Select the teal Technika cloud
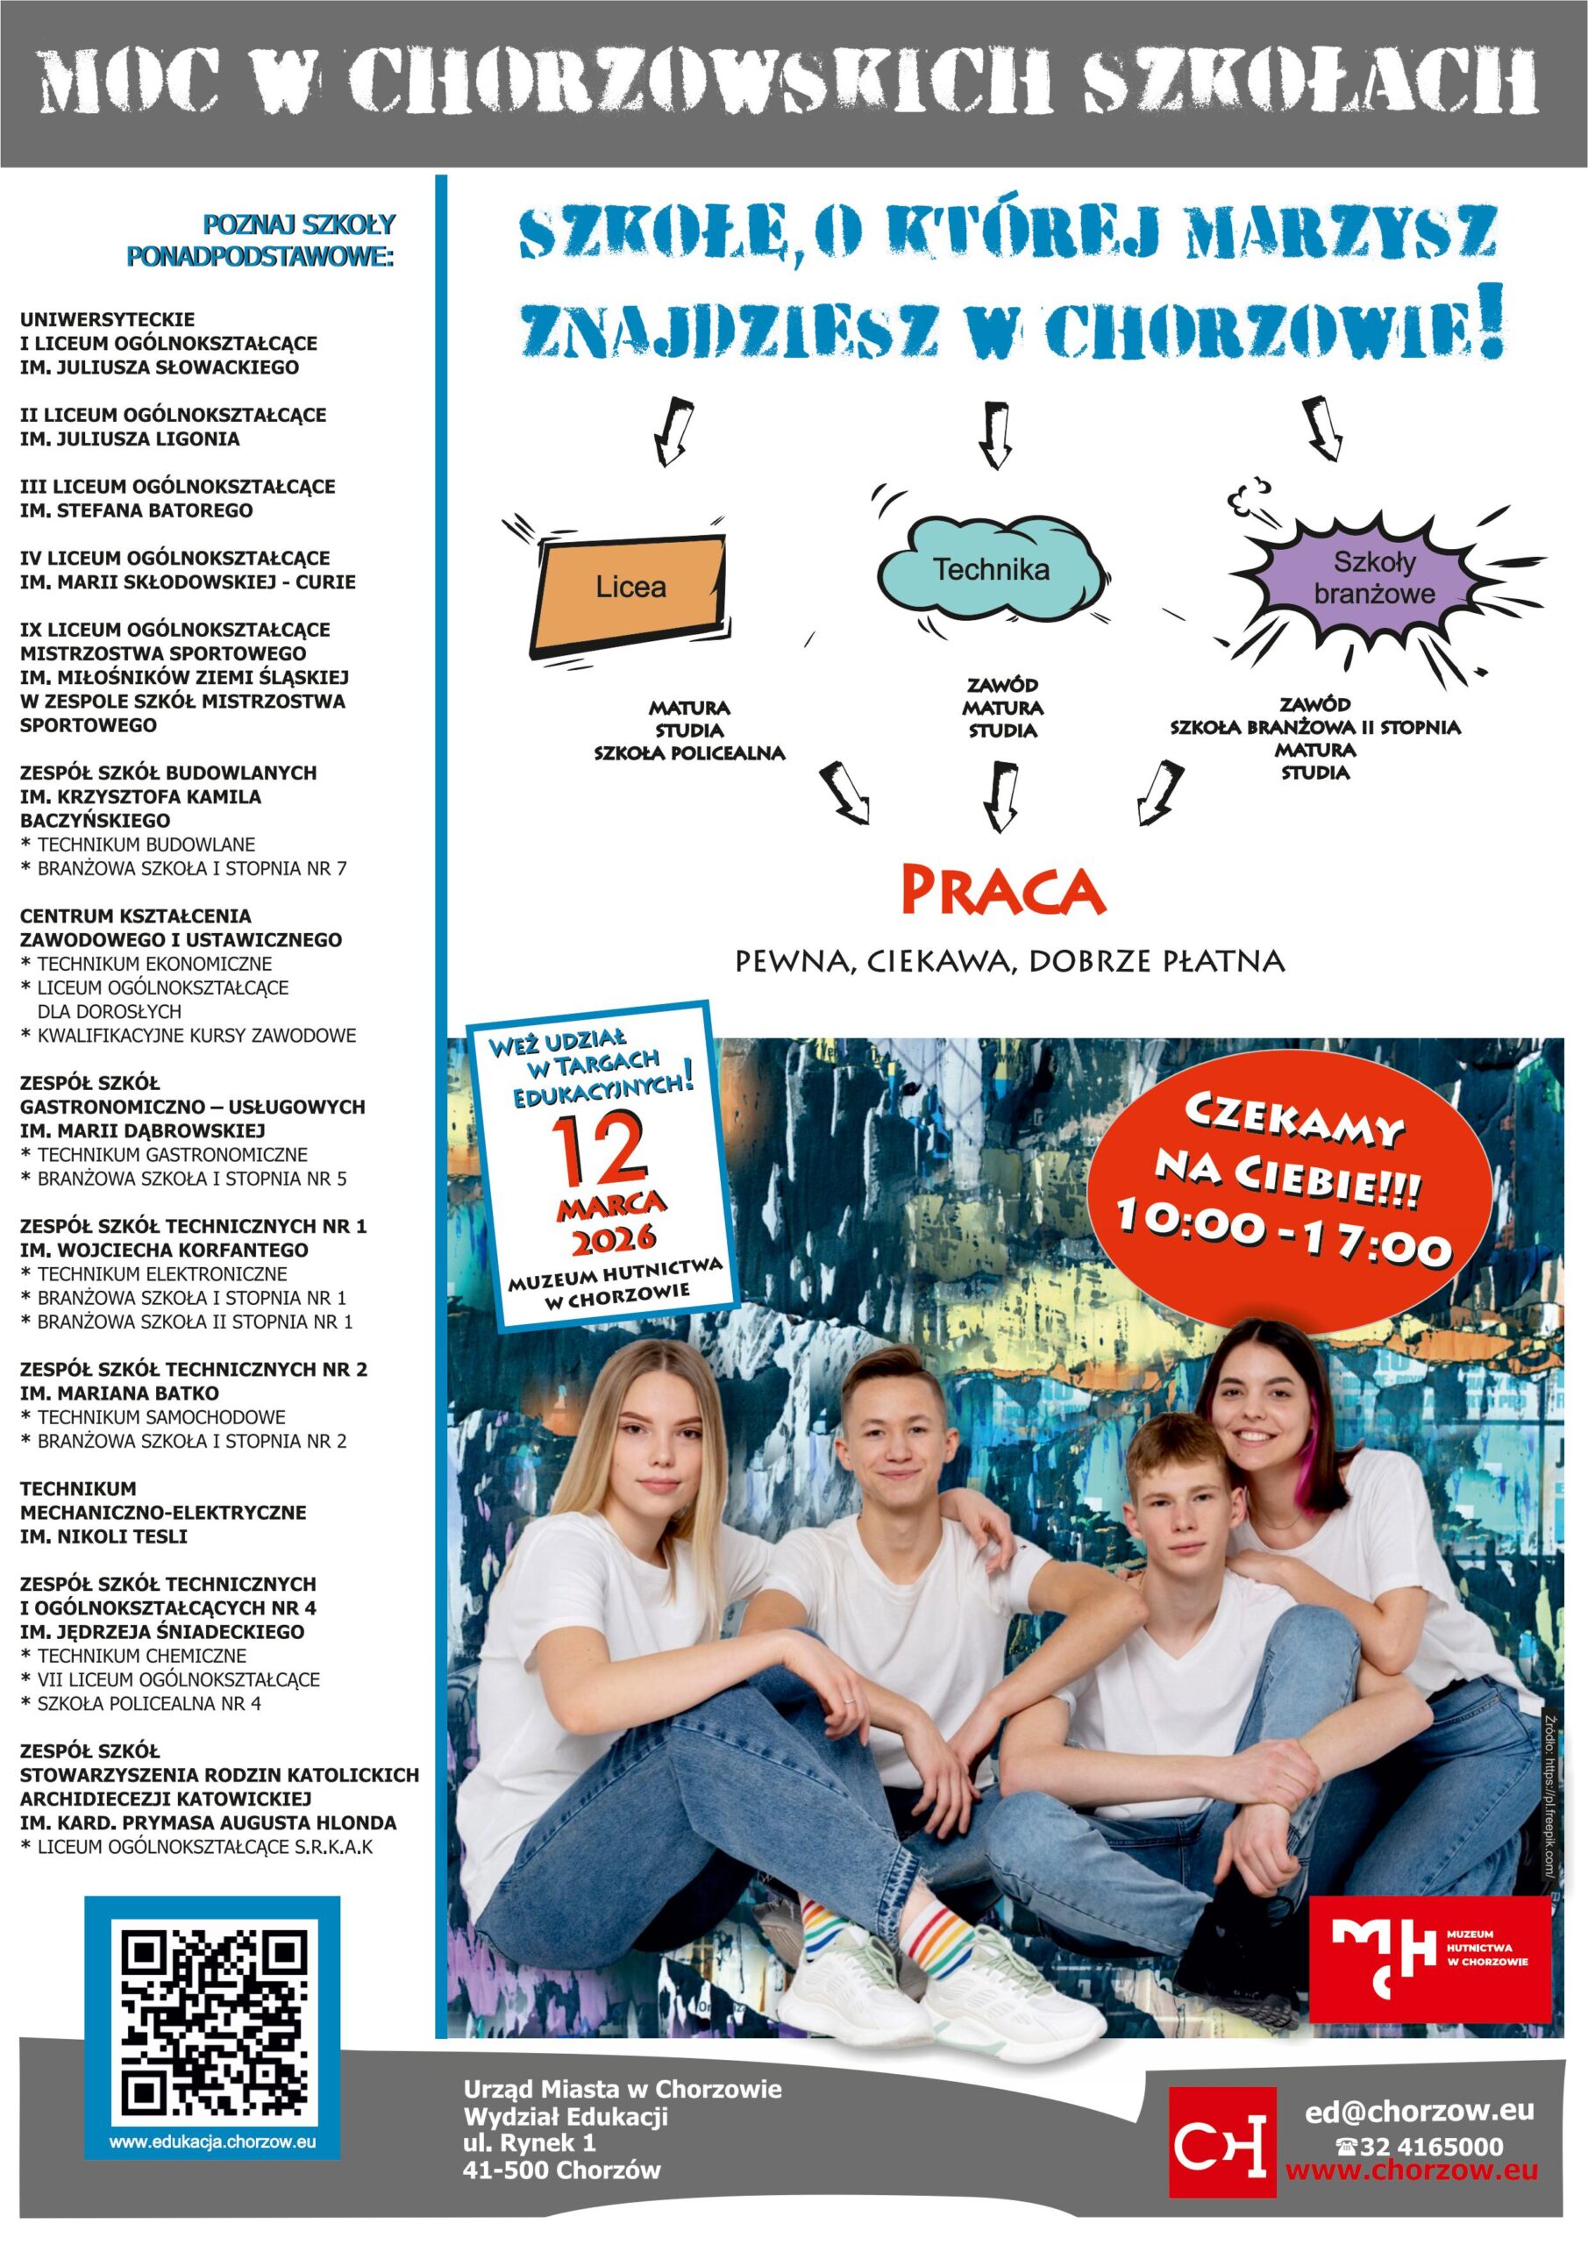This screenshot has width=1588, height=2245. (x=990, y=569)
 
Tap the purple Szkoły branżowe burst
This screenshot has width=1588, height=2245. (x=1373, y=578)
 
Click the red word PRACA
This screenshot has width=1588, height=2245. (x=1002, y=891)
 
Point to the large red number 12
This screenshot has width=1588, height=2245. (x=597, y=1150)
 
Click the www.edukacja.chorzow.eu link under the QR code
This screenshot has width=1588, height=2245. (x=212, y=2142)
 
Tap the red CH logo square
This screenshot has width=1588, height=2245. (x=1222, y=2142)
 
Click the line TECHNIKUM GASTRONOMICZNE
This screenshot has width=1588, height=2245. (x=172, y=1155)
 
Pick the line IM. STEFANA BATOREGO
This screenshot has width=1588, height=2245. (x=136, y=510)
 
